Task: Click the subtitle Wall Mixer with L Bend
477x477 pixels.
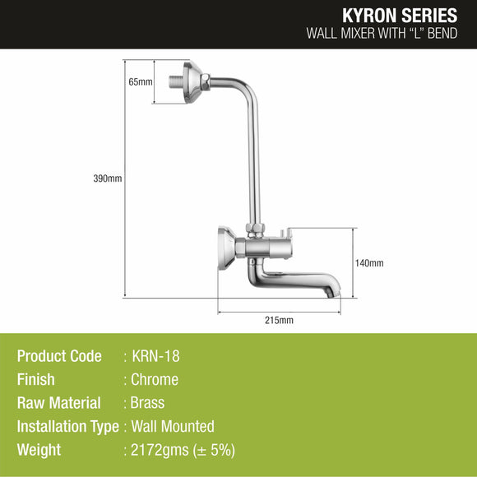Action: coord(382,35)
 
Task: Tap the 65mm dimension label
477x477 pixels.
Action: coord(141,82)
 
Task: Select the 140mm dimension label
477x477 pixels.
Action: coord(370,263)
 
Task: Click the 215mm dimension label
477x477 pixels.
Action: coord(280,319)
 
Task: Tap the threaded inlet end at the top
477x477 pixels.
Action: coord(176,81)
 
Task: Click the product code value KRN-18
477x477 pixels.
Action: coord(155,356)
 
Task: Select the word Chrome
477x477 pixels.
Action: coord(155,380)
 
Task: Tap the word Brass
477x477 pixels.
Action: coord(148,403)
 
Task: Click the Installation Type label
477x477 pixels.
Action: coord(67,426)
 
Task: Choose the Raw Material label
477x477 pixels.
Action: coord(59,403)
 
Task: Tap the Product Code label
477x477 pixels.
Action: coord(59,356)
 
